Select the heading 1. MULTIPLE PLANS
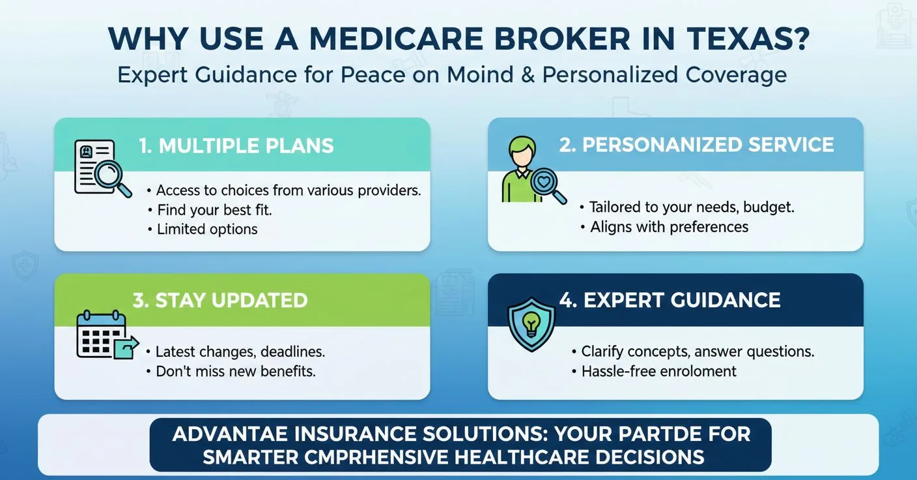(236, 145)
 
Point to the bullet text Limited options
(207, 229)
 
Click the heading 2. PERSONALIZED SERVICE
(696, 145)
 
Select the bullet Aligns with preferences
(669, 227)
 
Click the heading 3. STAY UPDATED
(220, 301)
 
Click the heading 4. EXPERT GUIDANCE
(670, 300)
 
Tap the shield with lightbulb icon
(531, 323)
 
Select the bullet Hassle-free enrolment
(658, 371)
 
